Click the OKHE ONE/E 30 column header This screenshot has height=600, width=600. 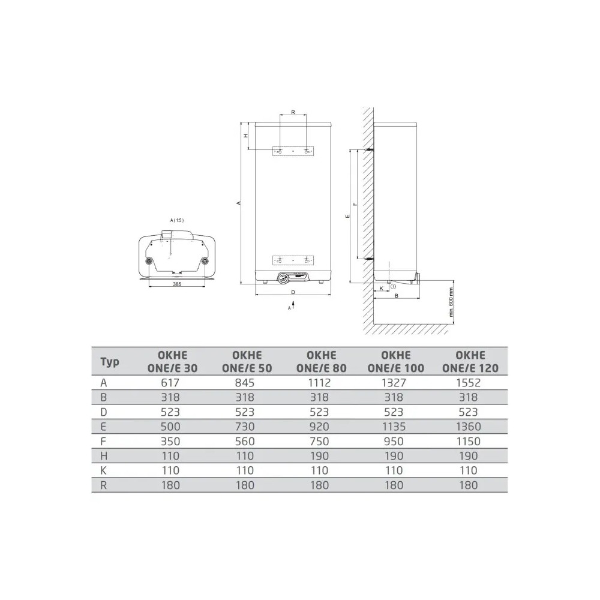(x=172, y=362)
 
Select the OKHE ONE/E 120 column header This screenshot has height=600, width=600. (x=470, y=362)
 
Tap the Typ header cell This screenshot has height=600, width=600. (x=110, y=362)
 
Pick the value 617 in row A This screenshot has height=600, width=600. (x=170, y=383)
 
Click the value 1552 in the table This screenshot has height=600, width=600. (x=469, y=383)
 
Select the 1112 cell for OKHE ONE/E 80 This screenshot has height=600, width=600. (x=319, y=383)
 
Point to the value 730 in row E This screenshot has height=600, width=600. (x=245, y=427)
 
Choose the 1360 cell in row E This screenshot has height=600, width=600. (x=469, y=427)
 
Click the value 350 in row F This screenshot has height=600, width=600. (x=170, y=441)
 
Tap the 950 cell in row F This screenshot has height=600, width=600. (x=394, y=441)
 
